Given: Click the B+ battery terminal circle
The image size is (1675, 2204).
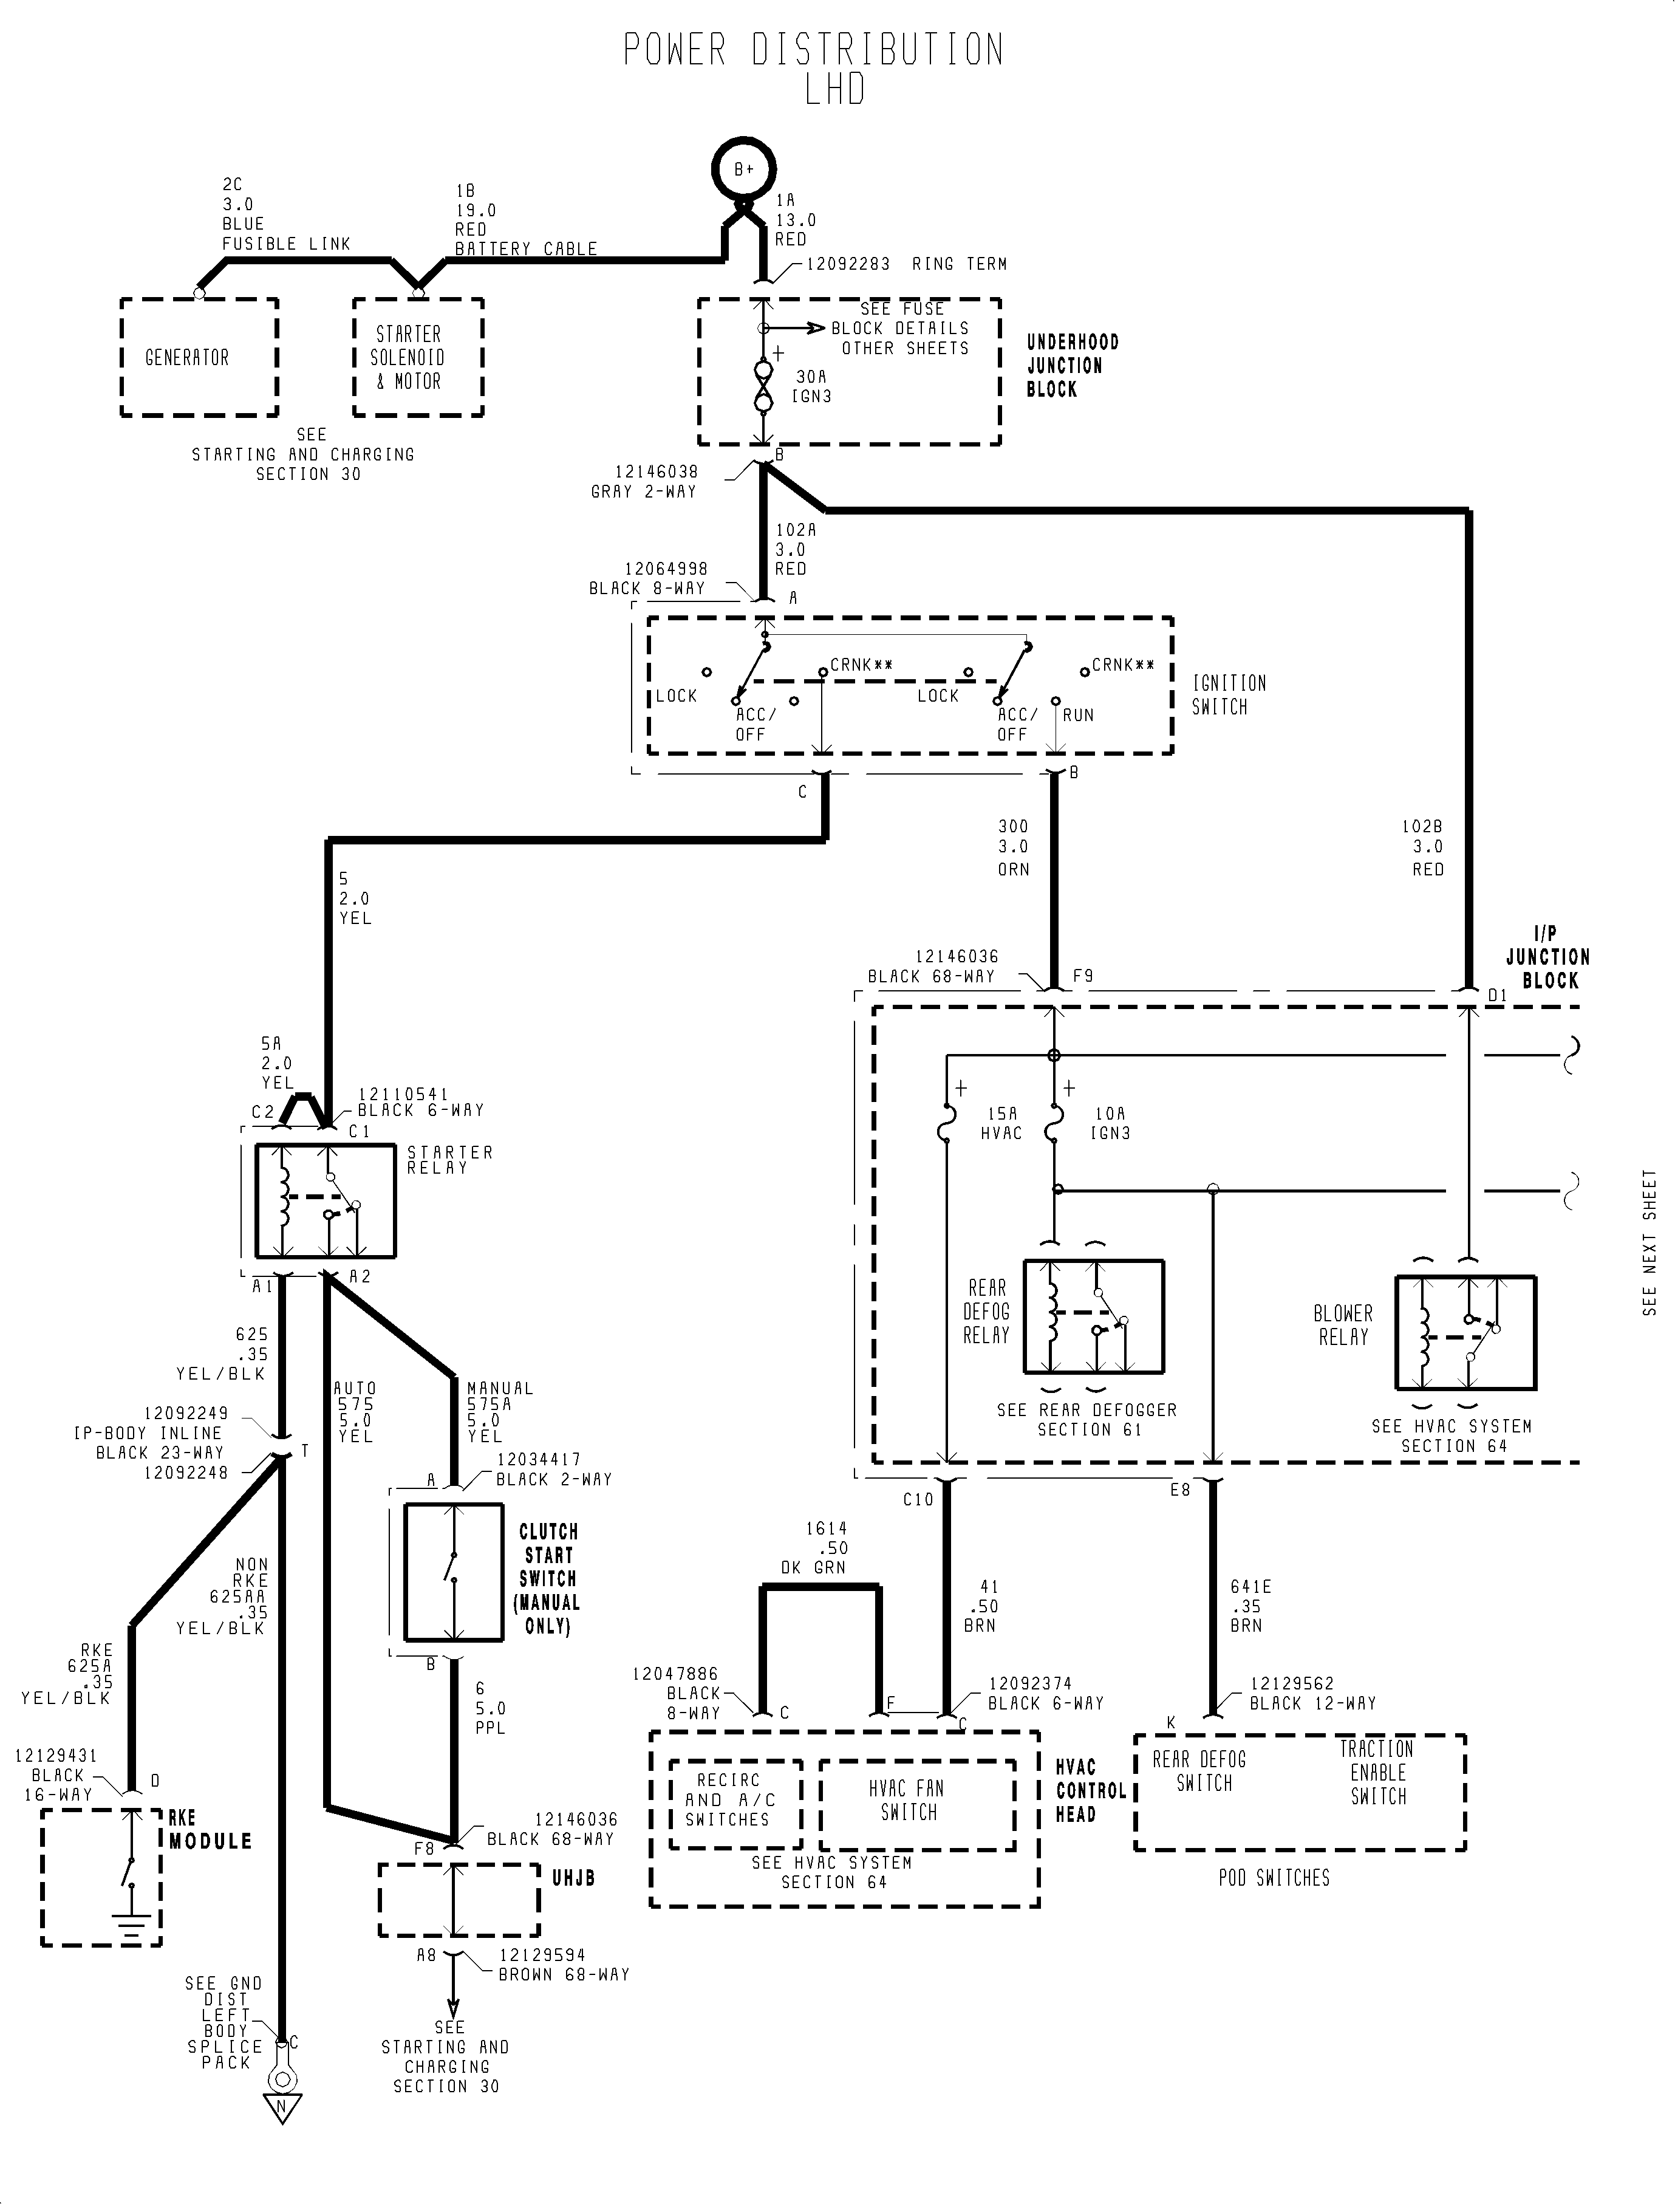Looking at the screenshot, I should click(744, 169).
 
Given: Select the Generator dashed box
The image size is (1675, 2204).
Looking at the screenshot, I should click(199, 357).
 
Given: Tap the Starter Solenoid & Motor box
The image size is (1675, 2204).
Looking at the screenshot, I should click(419, 357).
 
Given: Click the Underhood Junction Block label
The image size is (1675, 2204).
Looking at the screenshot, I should click(1073, 366).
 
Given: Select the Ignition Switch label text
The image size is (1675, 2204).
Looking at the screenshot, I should click(1229, 695).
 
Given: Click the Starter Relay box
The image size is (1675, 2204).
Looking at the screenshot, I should click(325, 1202).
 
